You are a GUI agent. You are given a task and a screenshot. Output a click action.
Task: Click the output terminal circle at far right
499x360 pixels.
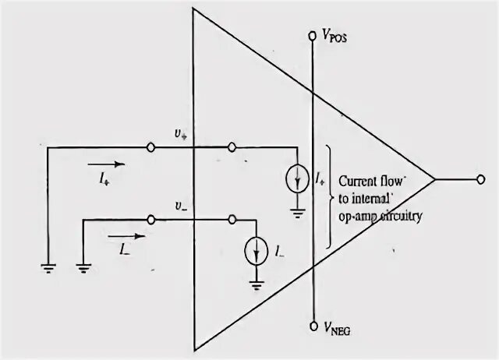481,180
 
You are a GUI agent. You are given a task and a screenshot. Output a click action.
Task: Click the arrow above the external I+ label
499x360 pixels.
104,164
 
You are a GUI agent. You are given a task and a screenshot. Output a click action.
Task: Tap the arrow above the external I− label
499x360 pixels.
125,235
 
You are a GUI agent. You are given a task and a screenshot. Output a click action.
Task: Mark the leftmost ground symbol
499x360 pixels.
48,266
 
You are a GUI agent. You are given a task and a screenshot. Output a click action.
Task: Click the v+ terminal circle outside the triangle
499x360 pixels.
150,146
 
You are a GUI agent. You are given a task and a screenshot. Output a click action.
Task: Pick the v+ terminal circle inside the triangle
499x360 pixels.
231,146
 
